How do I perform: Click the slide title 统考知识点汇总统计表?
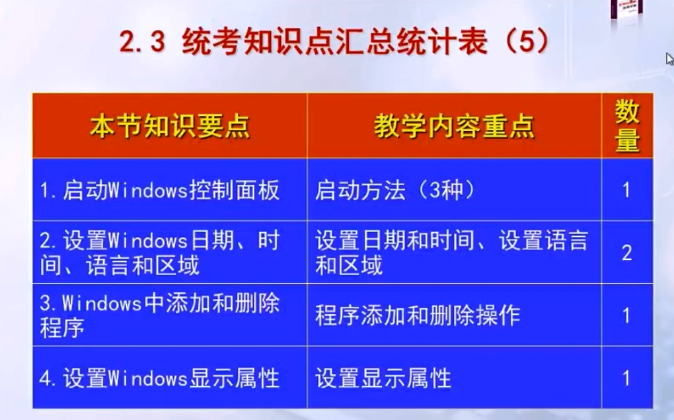tap(335, 42)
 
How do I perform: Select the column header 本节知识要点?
tap(170, 126)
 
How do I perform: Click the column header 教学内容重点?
tap(455, 126)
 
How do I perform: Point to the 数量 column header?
tap(627, 126)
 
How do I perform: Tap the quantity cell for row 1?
tap(626, 190)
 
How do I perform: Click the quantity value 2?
tap(626, 253)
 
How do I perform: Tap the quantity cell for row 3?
tap(626, 315)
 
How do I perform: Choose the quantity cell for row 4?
tap(626, 378)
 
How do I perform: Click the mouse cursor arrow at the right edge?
tap(669, 58)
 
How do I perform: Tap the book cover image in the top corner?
tap(626, 9)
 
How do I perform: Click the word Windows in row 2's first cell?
tap(148, 240)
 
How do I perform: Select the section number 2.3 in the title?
tap(142, 42)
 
